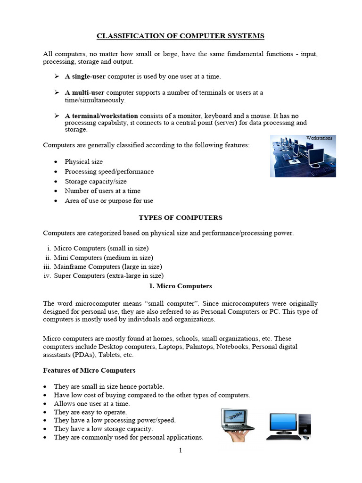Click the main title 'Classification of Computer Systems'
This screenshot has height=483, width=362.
point(181,35)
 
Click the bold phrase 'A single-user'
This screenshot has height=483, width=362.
point(85,76)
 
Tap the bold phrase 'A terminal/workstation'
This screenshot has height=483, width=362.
point(101,116)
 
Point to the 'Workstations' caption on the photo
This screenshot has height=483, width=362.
point(319,138)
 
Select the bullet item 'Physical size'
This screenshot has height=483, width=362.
point(83,161)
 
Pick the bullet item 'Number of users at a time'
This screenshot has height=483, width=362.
point(102,191)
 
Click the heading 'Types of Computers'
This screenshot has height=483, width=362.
point(180,217)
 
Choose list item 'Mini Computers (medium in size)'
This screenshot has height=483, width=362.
point(103,258)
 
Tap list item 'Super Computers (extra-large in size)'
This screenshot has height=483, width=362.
point(109,276)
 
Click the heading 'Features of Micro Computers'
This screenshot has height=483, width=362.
point(89,370)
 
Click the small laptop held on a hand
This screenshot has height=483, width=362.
point(237,421)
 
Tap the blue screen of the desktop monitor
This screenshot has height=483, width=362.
point(282,421)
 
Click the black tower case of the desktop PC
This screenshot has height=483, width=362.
point(305,424)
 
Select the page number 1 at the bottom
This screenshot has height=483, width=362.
point(180,450)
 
